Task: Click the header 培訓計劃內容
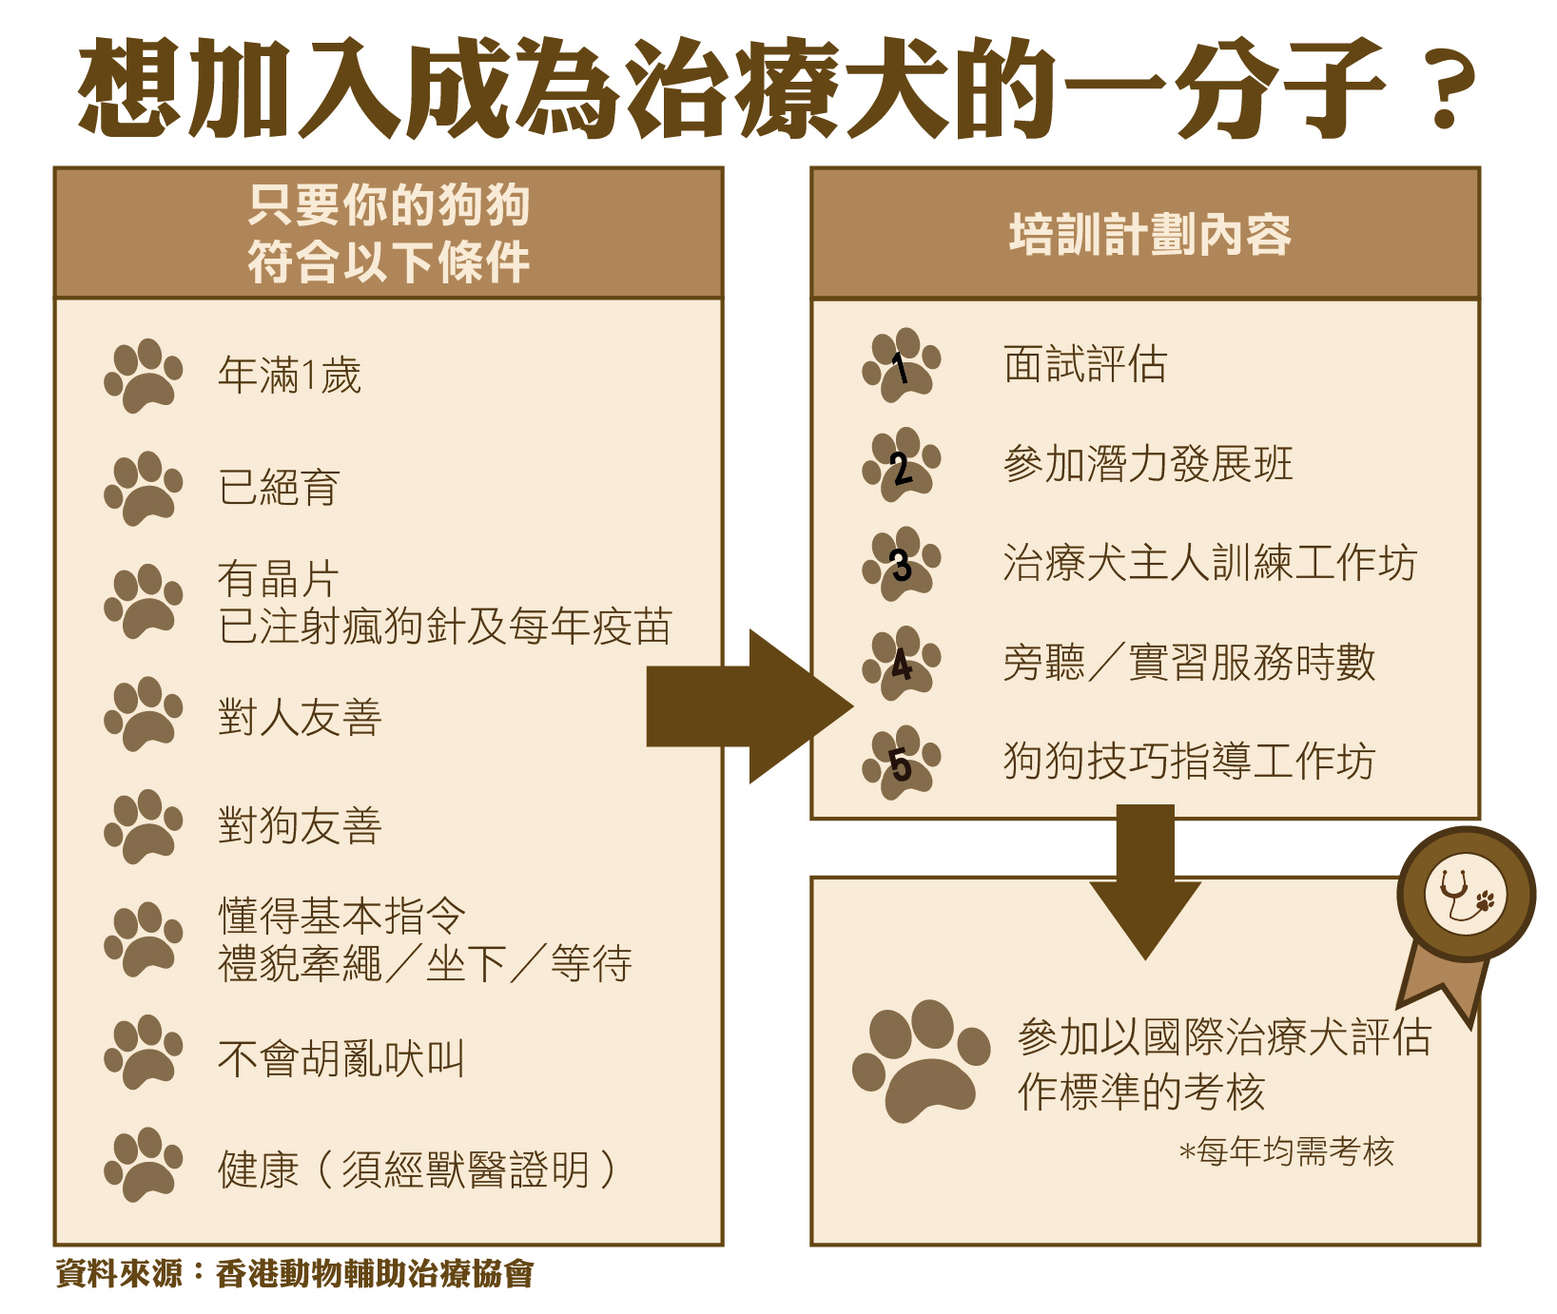pos(1150,234)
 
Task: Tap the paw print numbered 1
pos(902,365)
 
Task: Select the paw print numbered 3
pos(902,564)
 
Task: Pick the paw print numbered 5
pos(902,763)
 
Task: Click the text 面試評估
pos(1085,364)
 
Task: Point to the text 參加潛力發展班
pos(1148,464)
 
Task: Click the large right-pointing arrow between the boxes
pos(750,706)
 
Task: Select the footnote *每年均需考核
pos(1287,1151)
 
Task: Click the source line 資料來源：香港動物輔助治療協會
pos(295,1273)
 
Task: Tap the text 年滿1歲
pos(289,376)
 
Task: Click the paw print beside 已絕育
pos(144,489)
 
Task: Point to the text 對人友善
pos(300,717)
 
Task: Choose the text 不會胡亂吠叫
pos(341,1058)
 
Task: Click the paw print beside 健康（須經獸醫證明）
pos(144,1166)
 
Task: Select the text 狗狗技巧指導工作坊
pos(1189,762)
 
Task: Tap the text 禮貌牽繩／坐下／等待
pos(425,963)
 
